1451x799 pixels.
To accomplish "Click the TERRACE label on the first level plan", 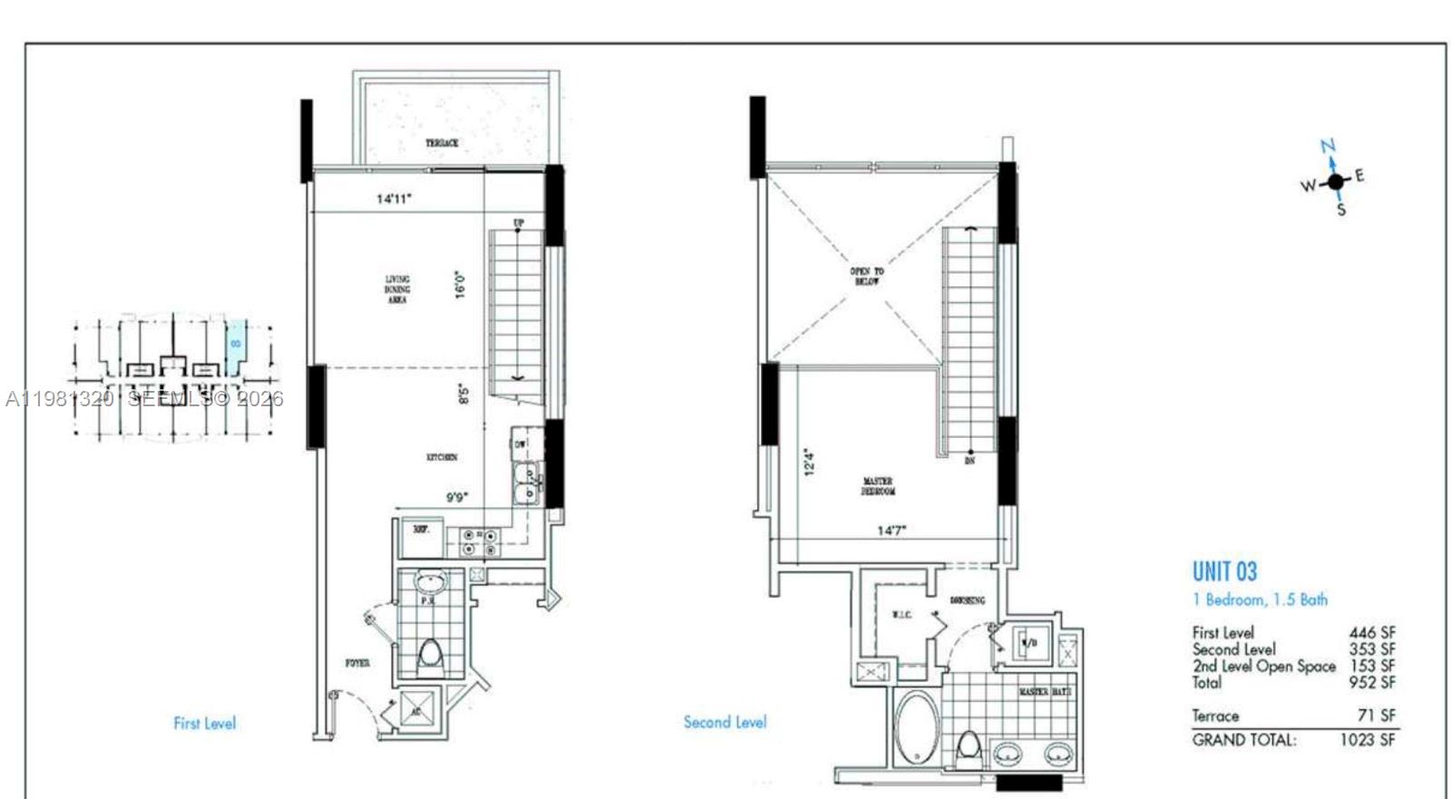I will point(442,143).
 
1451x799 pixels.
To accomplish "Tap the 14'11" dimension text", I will point(394,199).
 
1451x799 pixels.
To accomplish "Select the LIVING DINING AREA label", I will point(397,289).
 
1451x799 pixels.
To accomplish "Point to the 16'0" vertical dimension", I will point(462,285).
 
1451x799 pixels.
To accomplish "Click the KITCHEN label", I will point(442,458).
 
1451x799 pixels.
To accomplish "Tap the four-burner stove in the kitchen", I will point(479,542).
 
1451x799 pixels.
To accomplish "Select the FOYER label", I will point(357,664).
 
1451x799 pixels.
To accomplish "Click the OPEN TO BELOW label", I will point(866,277).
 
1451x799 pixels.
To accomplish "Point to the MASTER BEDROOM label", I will point(877,486).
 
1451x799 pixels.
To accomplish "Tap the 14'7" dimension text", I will point(891,531).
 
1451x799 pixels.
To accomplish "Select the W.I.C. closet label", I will point(901,616).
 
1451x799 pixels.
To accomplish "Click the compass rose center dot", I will point(1335,182).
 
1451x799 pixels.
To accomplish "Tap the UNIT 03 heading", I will point(1224,571).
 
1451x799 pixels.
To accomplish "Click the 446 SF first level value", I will point(1371,633).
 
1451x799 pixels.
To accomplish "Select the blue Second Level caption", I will point(725,723).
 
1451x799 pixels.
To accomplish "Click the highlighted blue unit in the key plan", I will point(235,345).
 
